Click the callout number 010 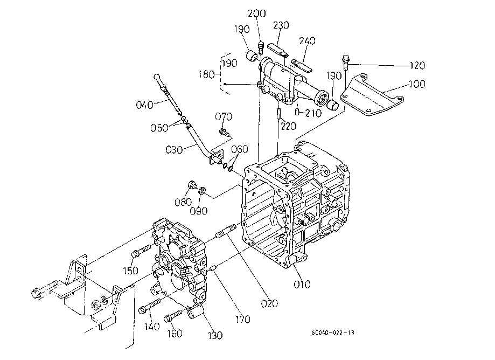(302, 284)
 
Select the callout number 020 (269, 303)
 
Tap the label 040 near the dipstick (144, 105)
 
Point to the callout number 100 (417, 84)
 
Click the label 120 (417, 65)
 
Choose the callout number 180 (207, 74)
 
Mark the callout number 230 (281, 25)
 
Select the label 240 (307, 41)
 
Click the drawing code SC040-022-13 (333, 333)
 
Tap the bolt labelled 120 (345, 63)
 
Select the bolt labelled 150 (141, 250)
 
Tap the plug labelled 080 (191, 185)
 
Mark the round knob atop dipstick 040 (157, 77)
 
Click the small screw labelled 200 (261, 47)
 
